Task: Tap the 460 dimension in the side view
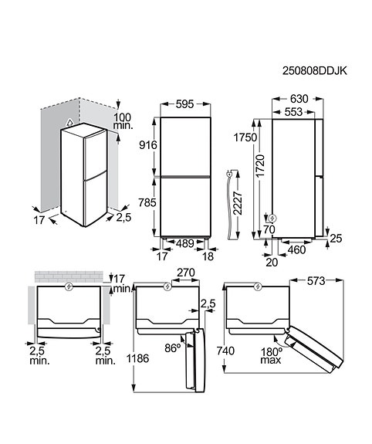(x=298, y=250)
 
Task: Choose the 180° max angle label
(x=271, y=355)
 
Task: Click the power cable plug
(x=228, y=177)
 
